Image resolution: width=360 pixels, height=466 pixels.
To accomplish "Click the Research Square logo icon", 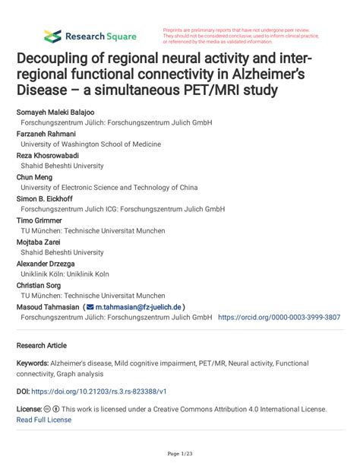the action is click(52, 36).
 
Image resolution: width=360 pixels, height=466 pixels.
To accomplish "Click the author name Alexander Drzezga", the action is click(49, 263).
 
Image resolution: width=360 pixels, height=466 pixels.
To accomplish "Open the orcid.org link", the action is click(279, 317).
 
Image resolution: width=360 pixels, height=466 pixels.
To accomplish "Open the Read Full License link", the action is click(44, 419).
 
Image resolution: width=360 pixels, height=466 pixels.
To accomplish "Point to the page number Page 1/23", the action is click(180, 454).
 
